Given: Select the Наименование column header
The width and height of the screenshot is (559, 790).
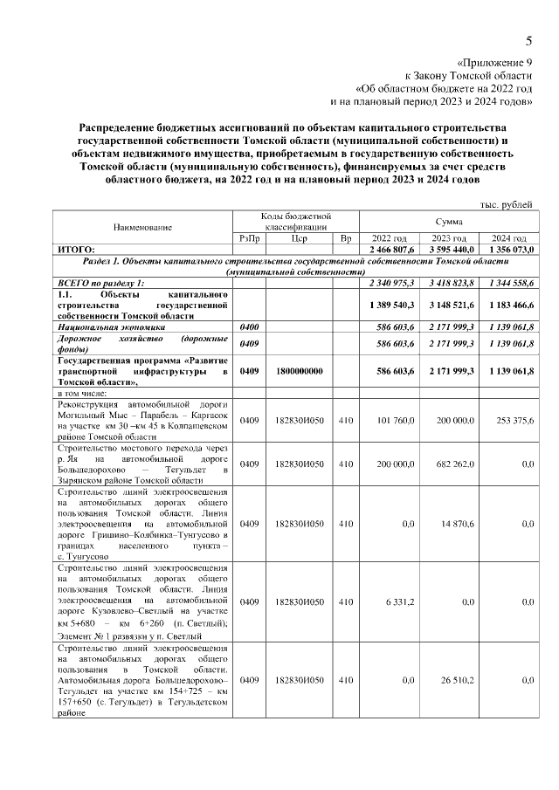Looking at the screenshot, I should click(x=142, y=226).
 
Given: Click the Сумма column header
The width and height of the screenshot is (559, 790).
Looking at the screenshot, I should click(x=449, y=222).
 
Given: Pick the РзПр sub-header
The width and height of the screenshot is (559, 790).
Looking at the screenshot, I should click(x=249, y=238).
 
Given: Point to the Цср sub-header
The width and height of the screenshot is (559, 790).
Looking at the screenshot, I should click(x=299, y=238).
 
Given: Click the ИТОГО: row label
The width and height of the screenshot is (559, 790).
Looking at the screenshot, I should click(x=76, y=250).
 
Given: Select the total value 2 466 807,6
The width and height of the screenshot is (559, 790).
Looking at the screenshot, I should click(x=390, y=250).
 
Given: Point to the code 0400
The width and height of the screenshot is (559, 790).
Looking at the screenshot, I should click(x=249, y=326).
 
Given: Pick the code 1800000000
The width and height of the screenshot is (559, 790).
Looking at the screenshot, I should click(x=299, y=371).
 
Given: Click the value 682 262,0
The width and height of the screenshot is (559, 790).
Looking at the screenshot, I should click(x=452, y=464).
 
